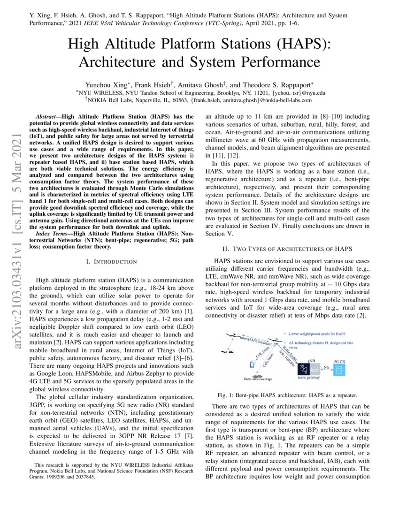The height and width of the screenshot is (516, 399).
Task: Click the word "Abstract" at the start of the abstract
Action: [x=48, y=116]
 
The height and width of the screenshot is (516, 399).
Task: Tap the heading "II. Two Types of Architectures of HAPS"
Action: [x=287, y=248]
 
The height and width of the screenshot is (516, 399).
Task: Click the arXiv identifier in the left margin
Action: [x=18, y=220]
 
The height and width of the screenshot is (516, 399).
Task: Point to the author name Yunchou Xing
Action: [x=109, y=85]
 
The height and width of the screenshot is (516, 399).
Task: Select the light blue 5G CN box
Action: [x=339, y=357]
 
